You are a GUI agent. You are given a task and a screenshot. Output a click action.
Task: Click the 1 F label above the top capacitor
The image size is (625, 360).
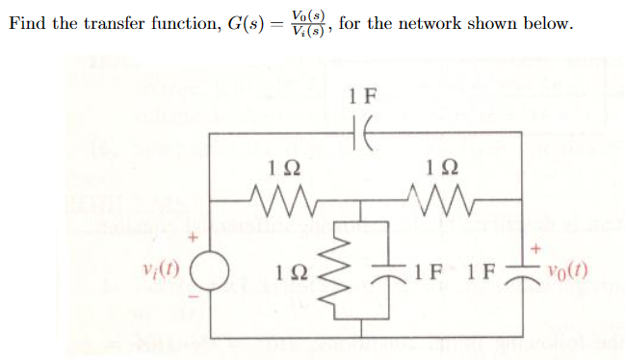coord(366,96)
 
